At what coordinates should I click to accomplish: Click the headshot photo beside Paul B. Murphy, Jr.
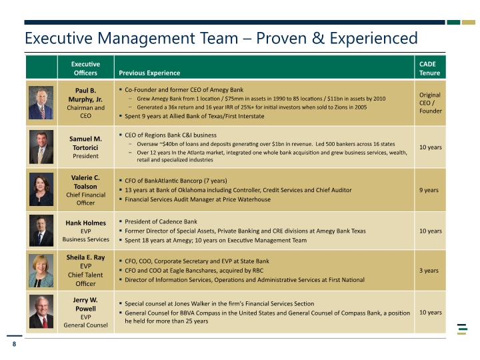[41, 103]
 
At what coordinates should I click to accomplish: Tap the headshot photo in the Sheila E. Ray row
[41, 271]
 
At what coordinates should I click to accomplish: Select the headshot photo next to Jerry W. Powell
[41, 311]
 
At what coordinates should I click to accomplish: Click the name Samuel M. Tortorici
[85, 143]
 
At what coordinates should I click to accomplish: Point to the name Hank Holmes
[86, 223]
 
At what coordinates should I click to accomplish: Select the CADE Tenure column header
[429, 68]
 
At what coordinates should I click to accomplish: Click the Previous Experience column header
[149, 73]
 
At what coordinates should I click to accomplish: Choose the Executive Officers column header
[85, 68]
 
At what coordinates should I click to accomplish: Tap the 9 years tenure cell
[429, 190]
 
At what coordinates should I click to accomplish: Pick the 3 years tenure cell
[429, 271]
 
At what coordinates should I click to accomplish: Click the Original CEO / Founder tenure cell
[431, 103]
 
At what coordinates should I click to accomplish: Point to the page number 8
[14, 344]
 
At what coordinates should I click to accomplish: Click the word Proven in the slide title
[281, 38]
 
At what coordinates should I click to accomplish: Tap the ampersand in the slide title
[318, 38]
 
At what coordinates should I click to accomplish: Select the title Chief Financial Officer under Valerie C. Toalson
[86, 199]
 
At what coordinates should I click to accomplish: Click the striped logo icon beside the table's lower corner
[462, 329]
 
